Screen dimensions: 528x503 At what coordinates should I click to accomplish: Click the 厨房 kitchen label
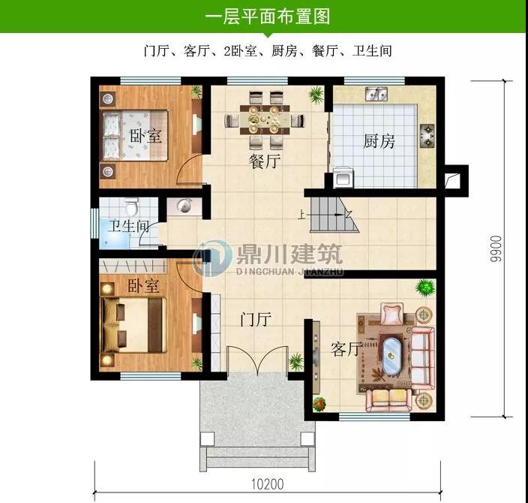379,141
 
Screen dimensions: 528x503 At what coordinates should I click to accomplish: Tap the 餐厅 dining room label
265,161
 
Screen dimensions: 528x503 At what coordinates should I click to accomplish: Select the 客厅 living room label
346,349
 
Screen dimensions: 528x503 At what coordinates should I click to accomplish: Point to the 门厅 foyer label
256,318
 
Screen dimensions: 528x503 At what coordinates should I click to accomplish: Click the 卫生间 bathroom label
129,226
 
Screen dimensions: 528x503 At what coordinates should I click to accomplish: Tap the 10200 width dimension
268,484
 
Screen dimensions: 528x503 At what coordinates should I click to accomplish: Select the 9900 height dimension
496,248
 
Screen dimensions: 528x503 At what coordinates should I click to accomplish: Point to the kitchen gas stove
427,136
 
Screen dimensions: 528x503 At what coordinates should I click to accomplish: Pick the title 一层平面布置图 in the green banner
268,17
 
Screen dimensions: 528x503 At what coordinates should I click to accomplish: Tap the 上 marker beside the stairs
301,215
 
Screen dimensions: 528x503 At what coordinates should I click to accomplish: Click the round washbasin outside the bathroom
184,206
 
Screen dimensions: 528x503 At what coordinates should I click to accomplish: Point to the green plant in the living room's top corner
425,288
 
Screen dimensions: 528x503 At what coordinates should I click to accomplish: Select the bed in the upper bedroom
135,135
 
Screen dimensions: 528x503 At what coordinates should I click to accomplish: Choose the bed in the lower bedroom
134,324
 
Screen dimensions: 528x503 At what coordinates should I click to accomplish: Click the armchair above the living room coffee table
391,314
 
